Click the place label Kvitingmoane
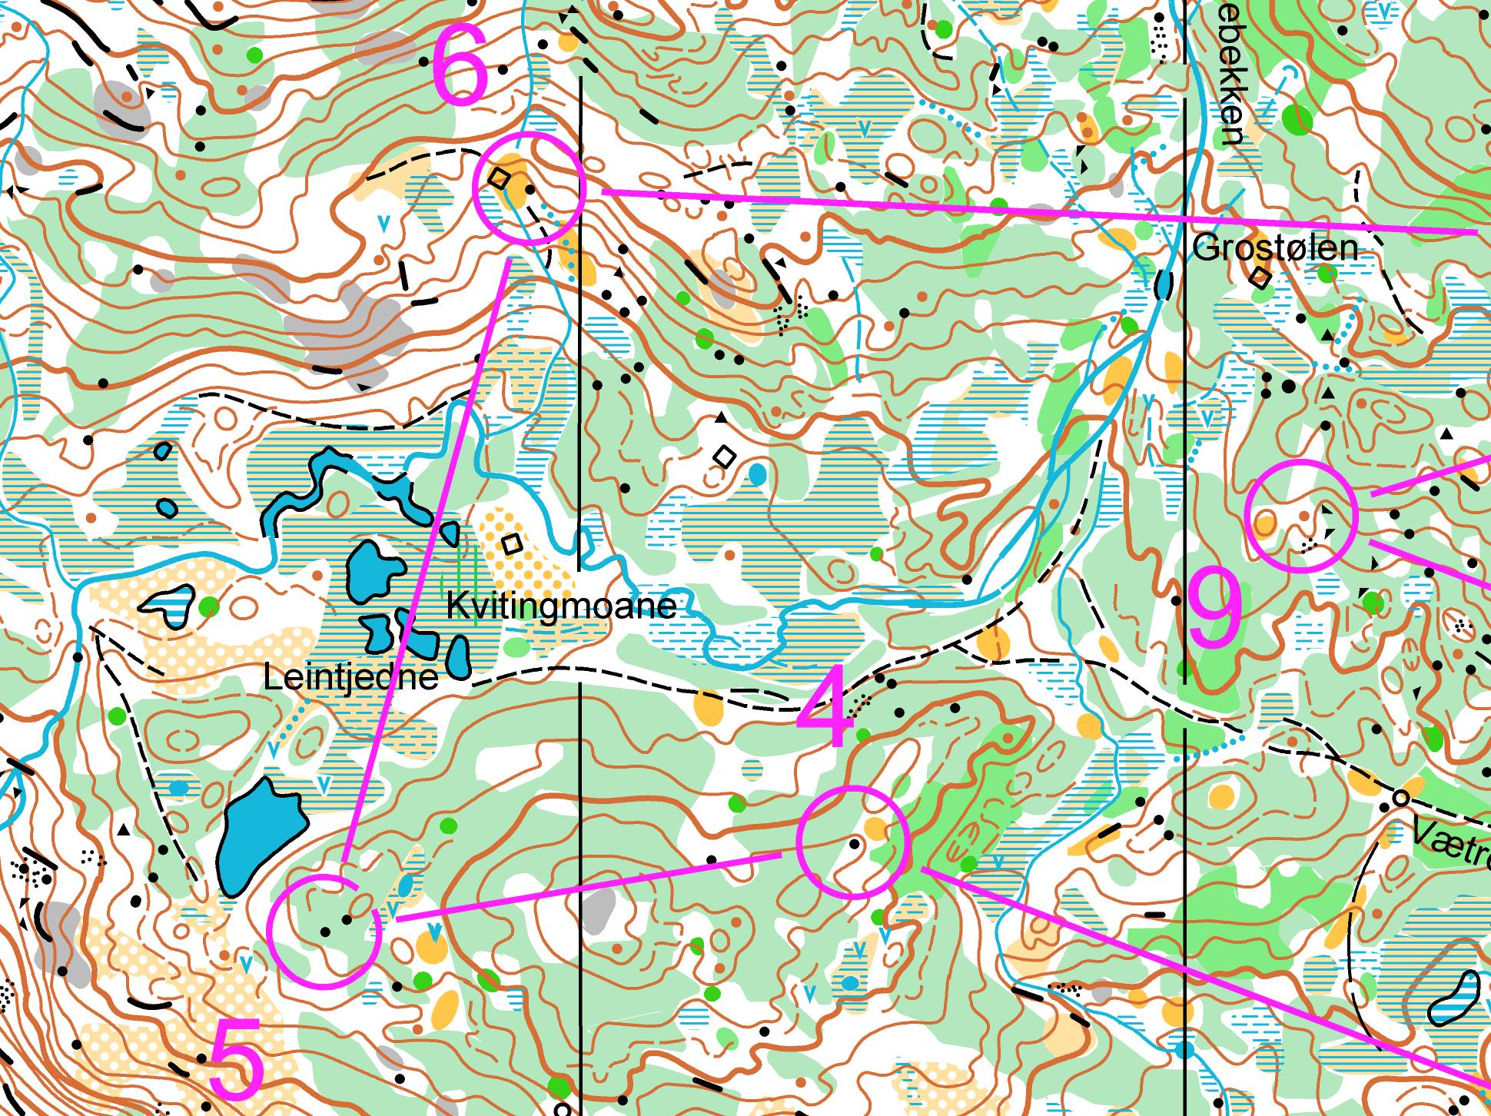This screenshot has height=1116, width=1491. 561,606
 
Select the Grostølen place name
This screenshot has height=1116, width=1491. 1275,248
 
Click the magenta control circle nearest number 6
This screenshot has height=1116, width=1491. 529,188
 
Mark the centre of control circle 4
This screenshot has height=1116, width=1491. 853,842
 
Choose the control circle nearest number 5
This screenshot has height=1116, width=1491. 324,931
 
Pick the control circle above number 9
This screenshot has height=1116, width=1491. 1301,516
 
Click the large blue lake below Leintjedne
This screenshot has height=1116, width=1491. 260,835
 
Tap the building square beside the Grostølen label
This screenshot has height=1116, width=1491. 1260,277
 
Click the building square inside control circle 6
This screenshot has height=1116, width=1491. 500,179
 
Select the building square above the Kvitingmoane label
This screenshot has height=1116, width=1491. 512,544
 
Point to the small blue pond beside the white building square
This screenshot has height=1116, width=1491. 758,474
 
